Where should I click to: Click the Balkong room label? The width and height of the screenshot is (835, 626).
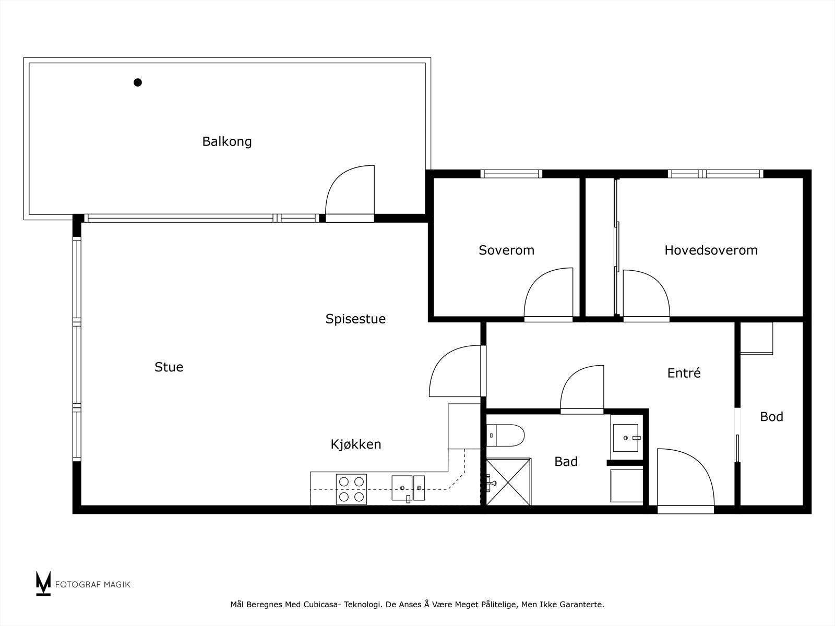[227, 141]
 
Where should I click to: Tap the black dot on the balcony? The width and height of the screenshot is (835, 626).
[138, 82]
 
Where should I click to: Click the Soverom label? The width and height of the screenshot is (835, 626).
[506, 250]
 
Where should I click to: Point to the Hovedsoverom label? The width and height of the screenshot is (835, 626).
[711, 250]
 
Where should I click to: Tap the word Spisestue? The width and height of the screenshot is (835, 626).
[355, 319]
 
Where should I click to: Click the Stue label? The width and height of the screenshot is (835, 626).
[169, 367]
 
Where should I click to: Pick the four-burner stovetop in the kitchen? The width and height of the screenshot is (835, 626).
[351, 489]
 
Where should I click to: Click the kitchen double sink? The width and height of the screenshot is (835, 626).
[408, 488]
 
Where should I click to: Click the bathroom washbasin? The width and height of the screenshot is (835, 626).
[626, 437]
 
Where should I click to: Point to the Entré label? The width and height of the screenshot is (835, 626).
[684, 373]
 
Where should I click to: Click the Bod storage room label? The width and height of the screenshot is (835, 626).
[771, 416]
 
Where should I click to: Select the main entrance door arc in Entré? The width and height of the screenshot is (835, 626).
[685, 477]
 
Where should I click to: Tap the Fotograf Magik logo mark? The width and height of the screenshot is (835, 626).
[43, 583]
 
